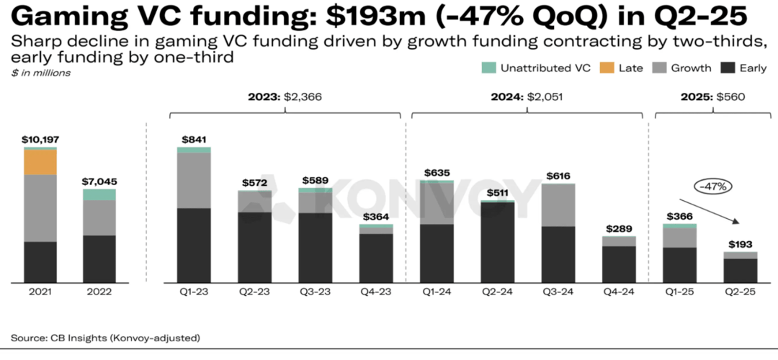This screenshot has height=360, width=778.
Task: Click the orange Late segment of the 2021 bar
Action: (40, 163)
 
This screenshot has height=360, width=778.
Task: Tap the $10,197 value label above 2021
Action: (40, 139)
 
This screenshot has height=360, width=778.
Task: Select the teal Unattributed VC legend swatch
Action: (488, 68)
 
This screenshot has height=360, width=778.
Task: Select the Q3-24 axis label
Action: (559, 292)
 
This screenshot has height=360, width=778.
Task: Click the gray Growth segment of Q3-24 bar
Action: (559, 205)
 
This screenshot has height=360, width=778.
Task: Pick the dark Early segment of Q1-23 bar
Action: (194, 245)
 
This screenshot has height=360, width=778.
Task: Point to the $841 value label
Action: (194, 139)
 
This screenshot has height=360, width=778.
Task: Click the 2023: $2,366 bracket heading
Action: (285, 97)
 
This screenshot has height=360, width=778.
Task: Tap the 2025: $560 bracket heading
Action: (709, 97)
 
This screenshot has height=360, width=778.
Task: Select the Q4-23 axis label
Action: (377, 292)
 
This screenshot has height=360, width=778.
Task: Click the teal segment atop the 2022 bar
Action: (99, 195)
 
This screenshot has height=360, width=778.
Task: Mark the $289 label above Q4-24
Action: (620, 228)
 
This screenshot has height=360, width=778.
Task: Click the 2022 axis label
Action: (99, 292)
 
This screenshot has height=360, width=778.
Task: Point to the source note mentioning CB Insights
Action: (105, 337)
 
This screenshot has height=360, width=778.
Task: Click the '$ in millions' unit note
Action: (40, 73)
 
